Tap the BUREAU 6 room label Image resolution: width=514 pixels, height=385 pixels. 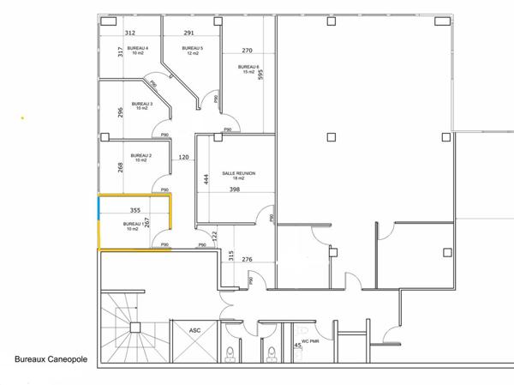[x=248, y=67]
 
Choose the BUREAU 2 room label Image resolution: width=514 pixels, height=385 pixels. [x=140, y=156]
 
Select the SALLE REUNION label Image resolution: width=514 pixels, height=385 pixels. [x=239, y=173]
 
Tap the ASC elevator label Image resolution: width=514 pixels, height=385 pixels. [x=194, y=329]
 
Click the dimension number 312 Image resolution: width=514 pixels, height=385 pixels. [x=130, y=33]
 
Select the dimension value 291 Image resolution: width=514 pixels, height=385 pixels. [x=189, y=33]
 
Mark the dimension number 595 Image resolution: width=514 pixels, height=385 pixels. [x=260, y=74]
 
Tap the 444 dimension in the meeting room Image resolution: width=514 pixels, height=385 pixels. [x=206, y=179]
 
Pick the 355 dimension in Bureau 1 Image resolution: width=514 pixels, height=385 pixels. [x=134, y=209]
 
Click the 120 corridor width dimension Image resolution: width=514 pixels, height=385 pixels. [x=183, y=158]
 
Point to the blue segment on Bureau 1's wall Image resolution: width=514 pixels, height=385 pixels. [x=99, y=206]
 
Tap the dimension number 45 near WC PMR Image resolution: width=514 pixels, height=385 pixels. [x=298, y=345]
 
